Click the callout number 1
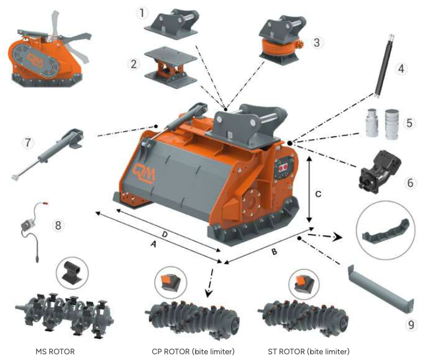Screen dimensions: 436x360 tap(142, 13)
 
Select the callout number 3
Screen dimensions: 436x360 tap(316, 43)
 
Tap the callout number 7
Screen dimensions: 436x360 tap(28, 143)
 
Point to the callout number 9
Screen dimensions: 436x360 tap(411, 325)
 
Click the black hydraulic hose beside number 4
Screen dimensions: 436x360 tap(384, 66)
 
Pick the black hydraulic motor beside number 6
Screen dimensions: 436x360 tap(380, 171)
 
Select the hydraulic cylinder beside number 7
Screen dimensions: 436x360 tap(48, 154)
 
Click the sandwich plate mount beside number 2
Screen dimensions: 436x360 tap(171, 68)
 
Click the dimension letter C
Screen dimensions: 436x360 tap(318, 194)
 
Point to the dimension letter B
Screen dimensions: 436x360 tap(274, 252)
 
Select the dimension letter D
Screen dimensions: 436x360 tap(165, 234)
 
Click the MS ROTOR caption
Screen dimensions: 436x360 tap(55, 351)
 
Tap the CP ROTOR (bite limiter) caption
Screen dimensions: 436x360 tap(193, 351)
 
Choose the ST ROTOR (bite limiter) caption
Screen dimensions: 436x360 tap(308, 351)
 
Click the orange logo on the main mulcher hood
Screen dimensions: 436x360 tap(144, 173)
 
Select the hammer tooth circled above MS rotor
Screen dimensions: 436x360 tap(72, 272)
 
